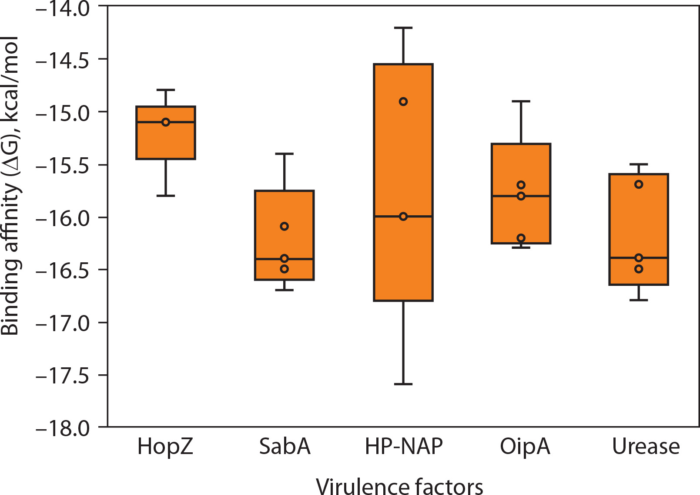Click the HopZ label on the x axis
click(x=165, y=446)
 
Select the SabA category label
click(x=285, y=446)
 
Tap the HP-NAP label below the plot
click(x=403, y=446)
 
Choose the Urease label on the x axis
click(x=646, y=446)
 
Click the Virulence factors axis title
click(x=399, y=486)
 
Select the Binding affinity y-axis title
click(x=10, y=186)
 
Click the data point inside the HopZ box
click(x=166, y=122)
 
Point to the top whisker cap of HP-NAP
click(x=403, y=28)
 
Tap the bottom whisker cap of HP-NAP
click(x=403, y=384)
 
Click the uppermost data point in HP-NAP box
click(x=403, y=102)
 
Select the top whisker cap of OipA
click(x=521, y=101)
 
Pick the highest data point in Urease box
click(x=639, y=184)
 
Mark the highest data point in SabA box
click(x=284, y=226)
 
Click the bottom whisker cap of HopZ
click(x=166, y=196)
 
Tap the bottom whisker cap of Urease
click(x=639, y=300)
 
